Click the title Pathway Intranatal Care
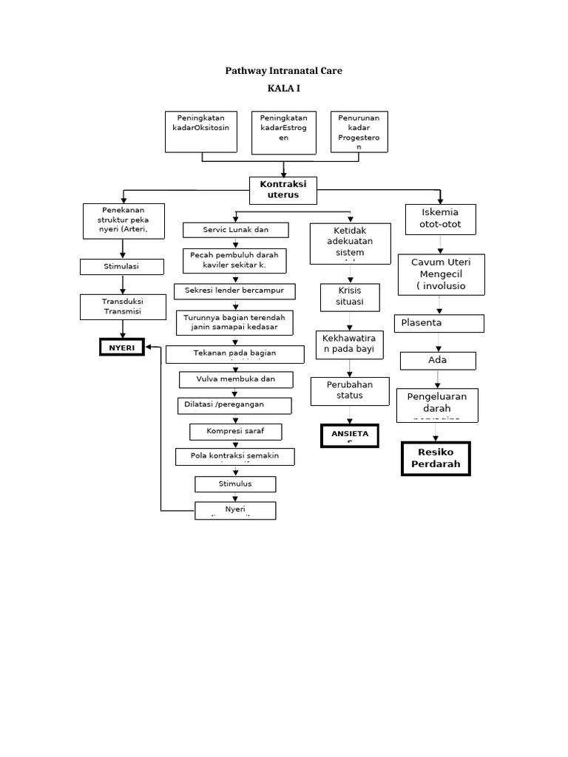click(x=283, y=71)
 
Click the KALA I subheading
click(x=283, y=89)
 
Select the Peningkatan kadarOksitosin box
click(x=200, y=132)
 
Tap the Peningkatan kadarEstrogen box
click(x=284, y=132)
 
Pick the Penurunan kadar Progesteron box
click(x=359, y=132)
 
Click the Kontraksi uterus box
click(x=283, y=189)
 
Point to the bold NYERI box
click(x=122, y=347)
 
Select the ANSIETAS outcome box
click(x=350, y=436)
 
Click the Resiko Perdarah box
click(x=436, y=458)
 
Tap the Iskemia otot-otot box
click(x=439, y=218)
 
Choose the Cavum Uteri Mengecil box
click(x=441, y=274)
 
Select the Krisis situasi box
click(x=351, y=296)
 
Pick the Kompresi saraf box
click(x=235, y=430)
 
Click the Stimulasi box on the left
click(x=122, y=266)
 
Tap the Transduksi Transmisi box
click(x=122, y=307)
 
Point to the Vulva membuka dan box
click(x=236, y=379)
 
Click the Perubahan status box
click(x=350, y=390)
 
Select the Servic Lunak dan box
click(x=235, y=230)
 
